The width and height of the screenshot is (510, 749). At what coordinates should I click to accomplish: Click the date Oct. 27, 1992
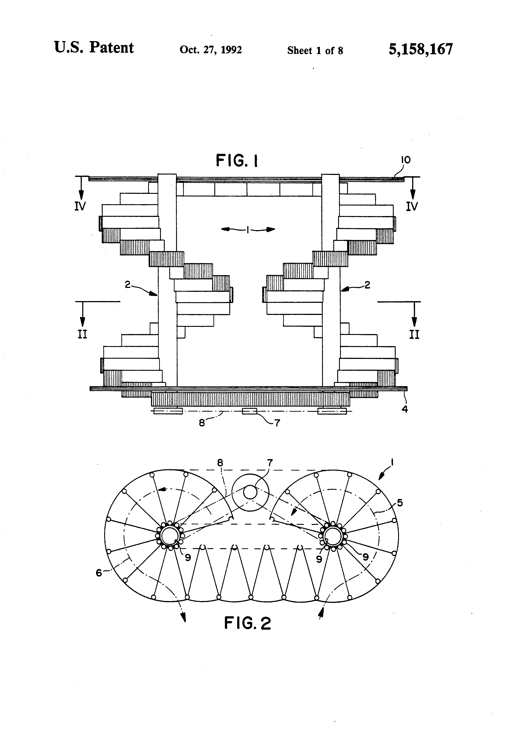(211, 50)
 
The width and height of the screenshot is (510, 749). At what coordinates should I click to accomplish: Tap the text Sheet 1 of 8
(315, 51)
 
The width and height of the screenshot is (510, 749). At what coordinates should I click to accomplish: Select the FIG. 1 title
(237, 160)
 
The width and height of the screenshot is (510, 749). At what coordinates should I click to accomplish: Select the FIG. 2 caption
(247, 623)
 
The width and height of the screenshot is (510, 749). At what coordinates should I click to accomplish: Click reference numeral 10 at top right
(406, 160)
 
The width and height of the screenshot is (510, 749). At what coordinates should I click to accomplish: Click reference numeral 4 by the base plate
(405, 409)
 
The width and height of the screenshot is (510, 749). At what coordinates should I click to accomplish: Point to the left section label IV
(80, 206)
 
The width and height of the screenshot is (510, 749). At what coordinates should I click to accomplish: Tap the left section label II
(82, 334)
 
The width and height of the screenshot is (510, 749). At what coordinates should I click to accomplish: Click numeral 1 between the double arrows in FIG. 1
(247, 229)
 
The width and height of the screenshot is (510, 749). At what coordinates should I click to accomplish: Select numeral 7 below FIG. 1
(277, 422)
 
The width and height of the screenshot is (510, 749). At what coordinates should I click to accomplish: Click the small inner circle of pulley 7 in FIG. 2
(250, 493)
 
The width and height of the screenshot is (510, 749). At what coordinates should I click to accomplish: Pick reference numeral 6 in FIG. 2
(99, 573)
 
